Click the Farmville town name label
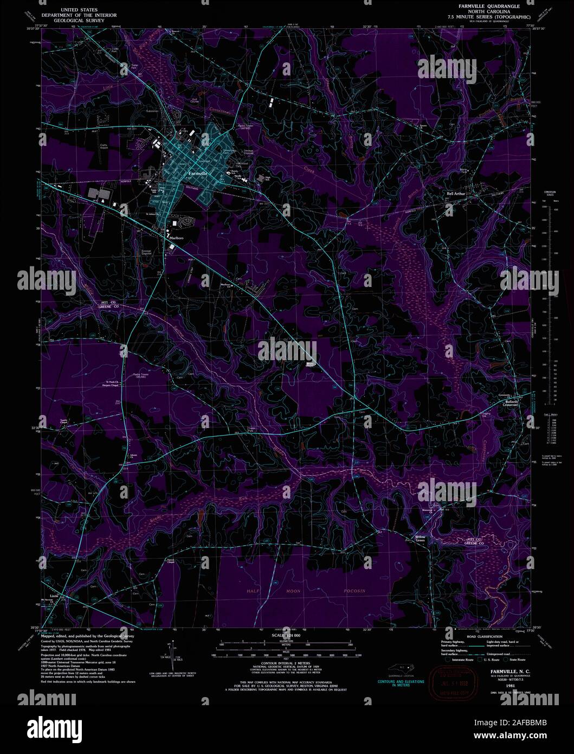(x=197, y=173)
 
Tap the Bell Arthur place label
(x=456, y=193)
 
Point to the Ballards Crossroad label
(x=510, y=403)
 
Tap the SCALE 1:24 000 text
(x=285, y=635)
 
